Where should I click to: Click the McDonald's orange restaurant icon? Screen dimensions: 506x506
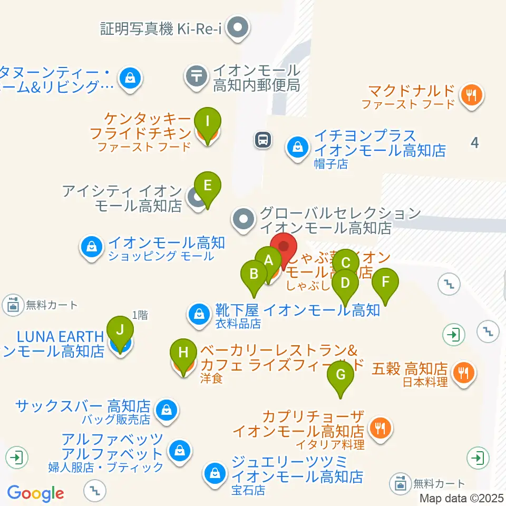(x=471, y=95)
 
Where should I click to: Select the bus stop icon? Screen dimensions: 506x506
(x=262, y=140)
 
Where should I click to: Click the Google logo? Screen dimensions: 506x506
(x=35, y=493)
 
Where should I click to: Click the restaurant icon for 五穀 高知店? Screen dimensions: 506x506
(x=464, y=373)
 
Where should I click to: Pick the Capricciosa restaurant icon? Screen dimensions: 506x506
(x=381, y=426)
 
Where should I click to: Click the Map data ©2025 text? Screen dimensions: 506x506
(x=462, y=498)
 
